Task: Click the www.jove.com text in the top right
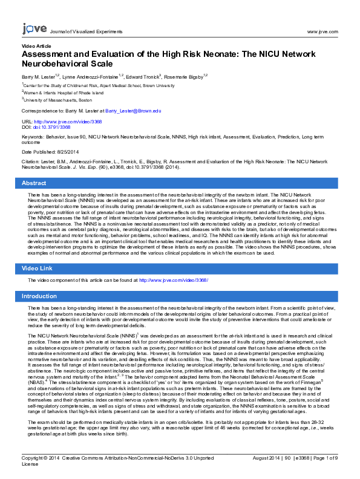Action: [322, 31]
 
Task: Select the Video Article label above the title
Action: [37, 46]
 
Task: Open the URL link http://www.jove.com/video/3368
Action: [66, 122]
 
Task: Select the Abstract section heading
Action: [34, 183]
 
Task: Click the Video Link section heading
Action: [37, 268]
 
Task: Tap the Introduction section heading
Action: [39, 296]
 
